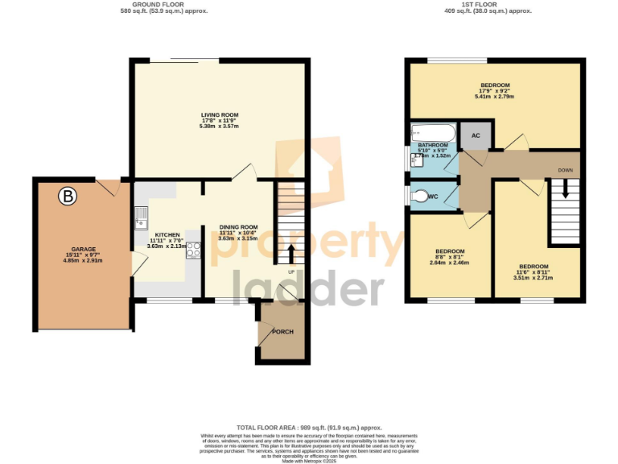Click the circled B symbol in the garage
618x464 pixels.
[x=68, y=196]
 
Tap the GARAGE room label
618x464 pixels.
[x=84, y=250]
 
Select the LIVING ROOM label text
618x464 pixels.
[x=220, y=115]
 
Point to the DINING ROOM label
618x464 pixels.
[x=238, y=227]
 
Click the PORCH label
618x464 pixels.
[x=282, y=332]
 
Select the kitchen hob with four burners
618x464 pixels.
[x=193, y=250]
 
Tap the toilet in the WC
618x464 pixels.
[x=420, y=195]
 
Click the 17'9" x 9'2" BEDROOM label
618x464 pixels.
[x=495, y=85]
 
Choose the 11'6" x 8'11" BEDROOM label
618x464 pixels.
[x=534, y=267]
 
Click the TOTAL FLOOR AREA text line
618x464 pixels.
[x=308, y=428]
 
